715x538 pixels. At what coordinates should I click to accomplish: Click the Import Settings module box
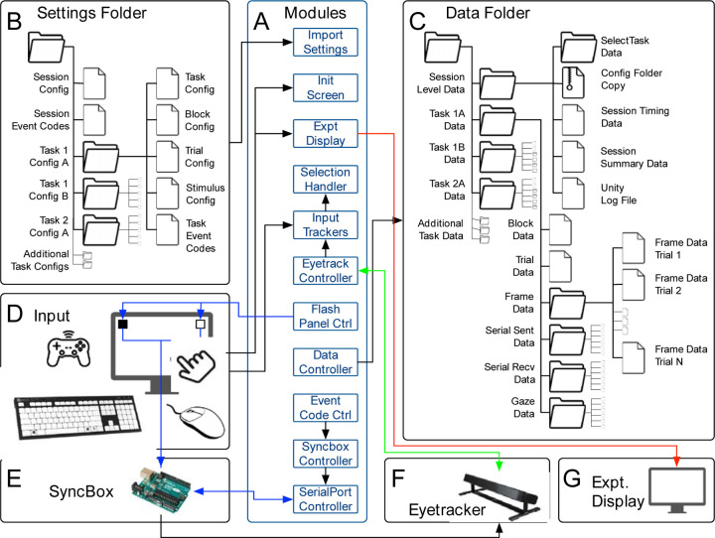point(325,42)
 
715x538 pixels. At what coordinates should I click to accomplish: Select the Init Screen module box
point(325,87)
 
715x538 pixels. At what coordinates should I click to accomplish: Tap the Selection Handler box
point(325,180)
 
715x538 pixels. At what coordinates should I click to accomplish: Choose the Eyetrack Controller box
point(325,270)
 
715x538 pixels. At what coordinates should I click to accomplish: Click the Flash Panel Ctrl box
point(325,316)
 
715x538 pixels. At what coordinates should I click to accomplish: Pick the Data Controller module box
point(325,362)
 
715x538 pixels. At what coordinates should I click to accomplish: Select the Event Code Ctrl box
point(325,408)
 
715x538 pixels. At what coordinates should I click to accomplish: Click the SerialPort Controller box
point(325,499)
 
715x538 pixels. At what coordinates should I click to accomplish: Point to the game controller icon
point(69,348)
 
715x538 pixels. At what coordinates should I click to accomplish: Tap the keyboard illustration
point(76,417)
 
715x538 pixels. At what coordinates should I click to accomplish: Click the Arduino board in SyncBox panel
point(162,490)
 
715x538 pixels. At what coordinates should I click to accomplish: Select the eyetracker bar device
point(501,496)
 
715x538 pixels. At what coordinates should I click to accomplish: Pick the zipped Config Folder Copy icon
point(573,82)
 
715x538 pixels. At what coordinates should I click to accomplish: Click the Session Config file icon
point(94,83)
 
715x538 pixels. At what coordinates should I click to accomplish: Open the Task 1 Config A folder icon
point(100,157)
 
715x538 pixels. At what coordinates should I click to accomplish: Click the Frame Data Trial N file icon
point(634,358)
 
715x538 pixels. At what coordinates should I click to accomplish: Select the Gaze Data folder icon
point(567,413)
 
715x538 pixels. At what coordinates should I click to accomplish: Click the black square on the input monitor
point(123,325)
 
